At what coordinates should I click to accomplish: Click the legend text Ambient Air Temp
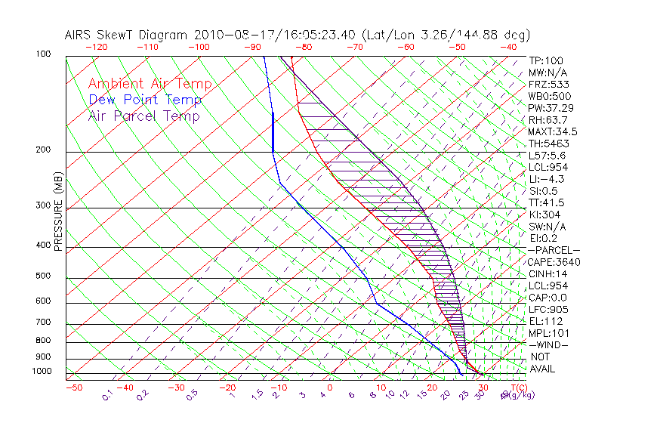150,84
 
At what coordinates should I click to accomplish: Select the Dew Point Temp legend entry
145,100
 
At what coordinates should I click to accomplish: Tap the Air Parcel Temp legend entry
143,116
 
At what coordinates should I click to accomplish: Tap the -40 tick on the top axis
508,47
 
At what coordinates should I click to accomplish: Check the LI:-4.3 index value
545,179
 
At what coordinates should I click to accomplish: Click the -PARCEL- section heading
554,250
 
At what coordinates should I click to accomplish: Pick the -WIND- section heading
548,344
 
